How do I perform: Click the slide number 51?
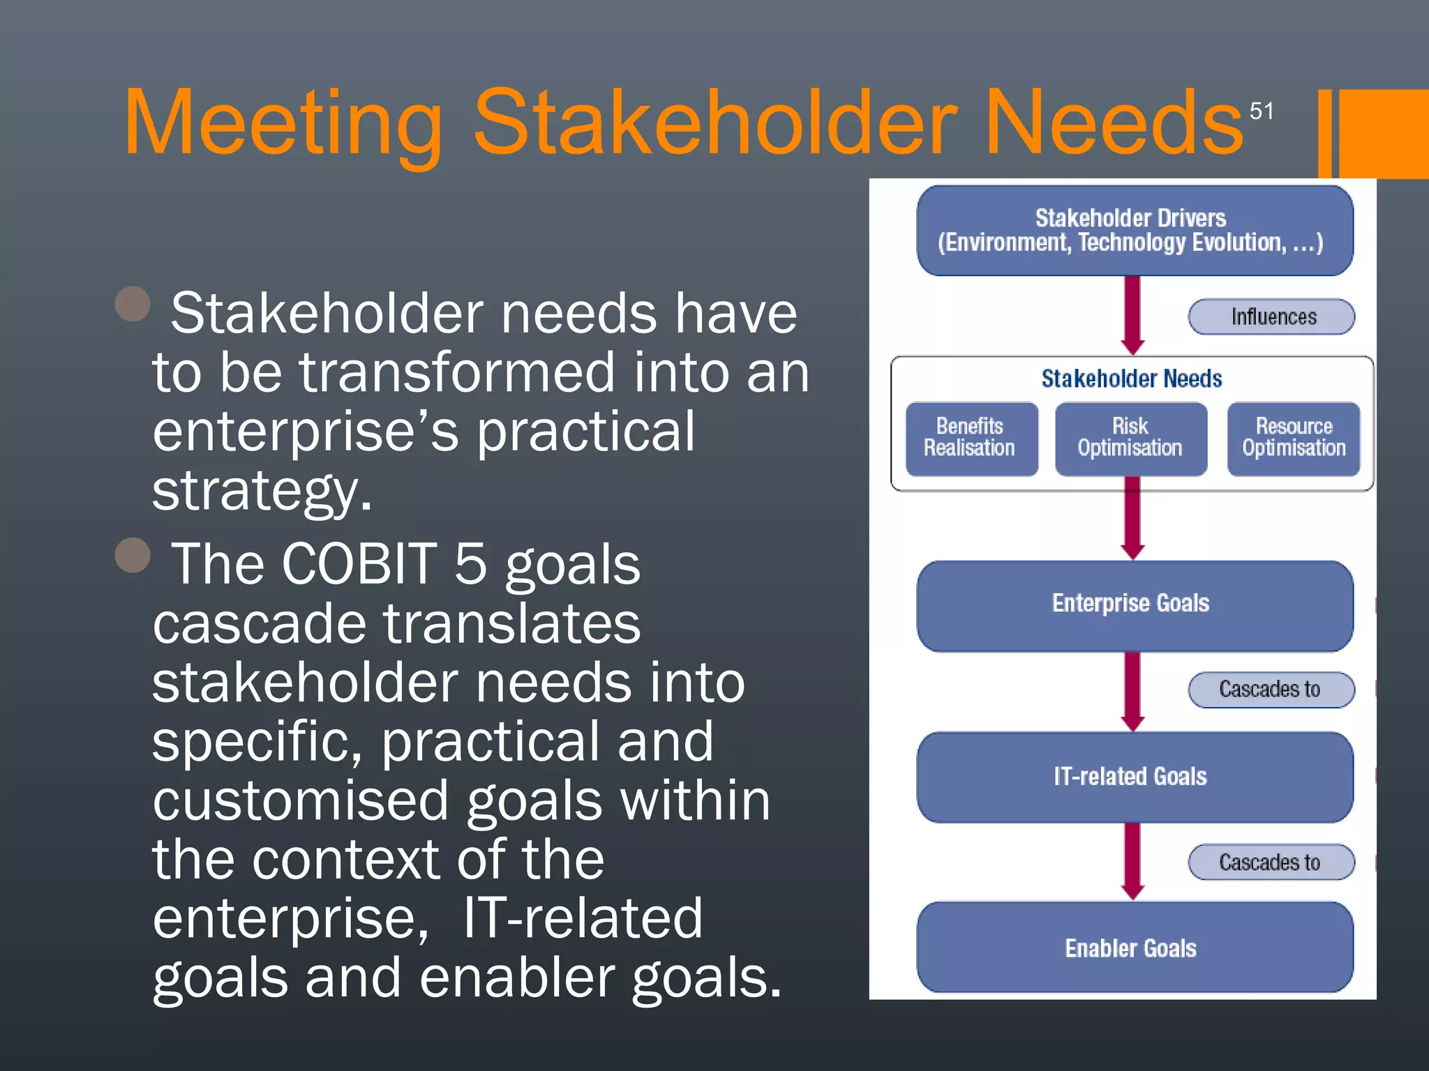click(1261, 111)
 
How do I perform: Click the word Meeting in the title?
click(283, 124)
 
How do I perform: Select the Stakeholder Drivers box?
click(1134, 230)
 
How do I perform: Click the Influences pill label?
click(1271, 317)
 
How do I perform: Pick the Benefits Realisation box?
click(971, 439)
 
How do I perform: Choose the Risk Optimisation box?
click(1130, 439)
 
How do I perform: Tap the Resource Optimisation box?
click(1293, 439)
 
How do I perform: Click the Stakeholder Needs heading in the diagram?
click(1131, 379)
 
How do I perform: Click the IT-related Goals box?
click(1134, 777)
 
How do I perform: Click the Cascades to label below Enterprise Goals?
click(1271, 690)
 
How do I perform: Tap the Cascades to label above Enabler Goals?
click(1271, 863)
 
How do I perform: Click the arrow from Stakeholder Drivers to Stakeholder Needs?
click(1132, 314)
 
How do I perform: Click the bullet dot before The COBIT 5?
click(133, 555)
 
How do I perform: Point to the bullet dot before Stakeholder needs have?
click(133, 304)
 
